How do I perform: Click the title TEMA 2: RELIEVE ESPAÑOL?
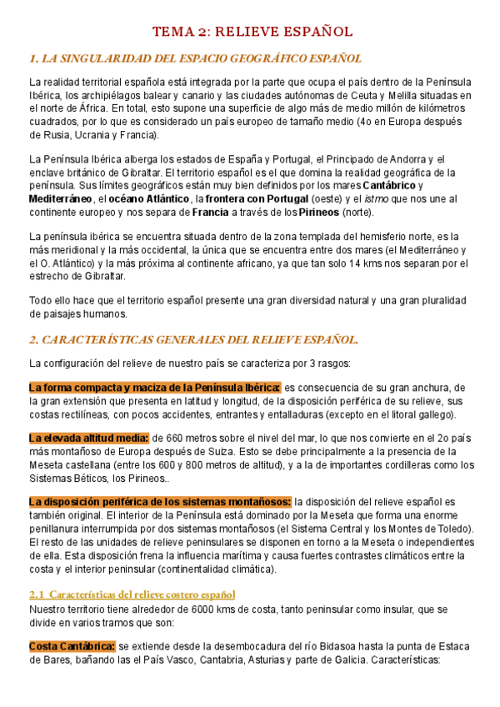(x=251, y=32)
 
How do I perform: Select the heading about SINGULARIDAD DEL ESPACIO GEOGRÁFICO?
(x=195, y=58)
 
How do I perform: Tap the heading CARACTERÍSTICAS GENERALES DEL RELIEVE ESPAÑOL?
(x=193, y=339)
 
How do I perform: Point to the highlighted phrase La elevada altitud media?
(x=88, y=438)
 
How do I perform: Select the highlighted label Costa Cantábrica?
(x=72, y=646)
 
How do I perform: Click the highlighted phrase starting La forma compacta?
(x=154, y=388)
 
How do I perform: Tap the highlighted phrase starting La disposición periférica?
(x=160, y=501)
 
